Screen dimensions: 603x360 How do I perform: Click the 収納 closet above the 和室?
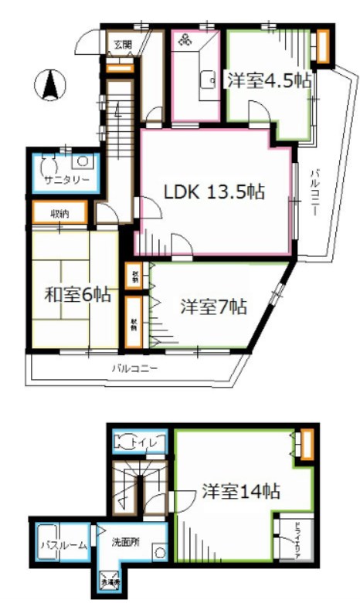pos(58,212)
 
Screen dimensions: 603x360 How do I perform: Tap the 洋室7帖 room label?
pos(213,307)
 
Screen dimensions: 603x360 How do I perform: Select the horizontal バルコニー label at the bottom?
pos(134,368)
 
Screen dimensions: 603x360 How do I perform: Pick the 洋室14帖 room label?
pos(241,491)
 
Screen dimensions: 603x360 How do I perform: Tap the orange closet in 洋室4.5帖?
pos(322,46)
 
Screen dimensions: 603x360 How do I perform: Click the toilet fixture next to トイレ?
pos(124,442)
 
